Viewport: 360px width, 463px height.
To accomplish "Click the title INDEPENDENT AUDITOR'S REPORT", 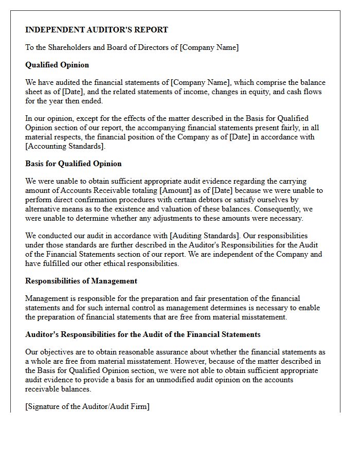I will click(x=97, y=30).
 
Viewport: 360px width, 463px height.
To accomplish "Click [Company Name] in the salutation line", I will click(x=209, y=47).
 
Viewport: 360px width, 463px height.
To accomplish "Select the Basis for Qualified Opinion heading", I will click(x=74, y=164).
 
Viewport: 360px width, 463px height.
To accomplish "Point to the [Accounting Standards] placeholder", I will click(x=65, y=146).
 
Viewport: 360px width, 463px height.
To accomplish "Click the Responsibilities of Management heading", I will click(x=81, y=281).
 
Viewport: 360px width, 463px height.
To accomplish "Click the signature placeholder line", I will click(x=87, y=406).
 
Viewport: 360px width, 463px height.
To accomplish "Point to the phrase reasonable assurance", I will click(x=134, y=352).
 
